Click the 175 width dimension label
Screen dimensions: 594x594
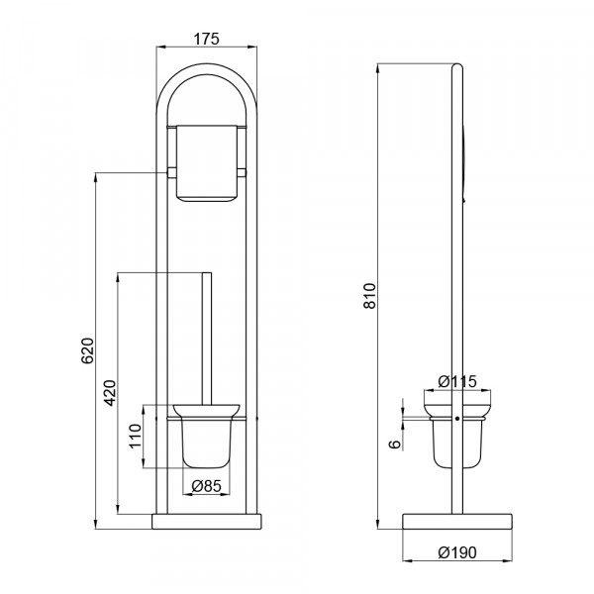[207, 39]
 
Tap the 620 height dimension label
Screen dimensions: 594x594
[87, 350]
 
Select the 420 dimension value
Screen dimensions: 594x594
[110, 392]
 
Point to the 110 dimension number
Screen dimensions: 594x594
[136, 436]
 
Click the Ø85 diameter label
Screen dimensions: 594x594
[206, 486]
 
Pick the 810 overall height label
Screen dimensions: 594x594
[370, 295]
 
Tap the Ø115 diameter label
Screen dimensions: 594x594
[457, 381]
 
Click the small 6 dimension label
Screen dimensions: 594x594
[395, 444]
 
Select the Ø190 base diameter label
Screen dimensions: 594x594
[457, 552]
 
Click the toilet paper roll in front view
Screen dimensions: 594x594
[207, 163]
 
